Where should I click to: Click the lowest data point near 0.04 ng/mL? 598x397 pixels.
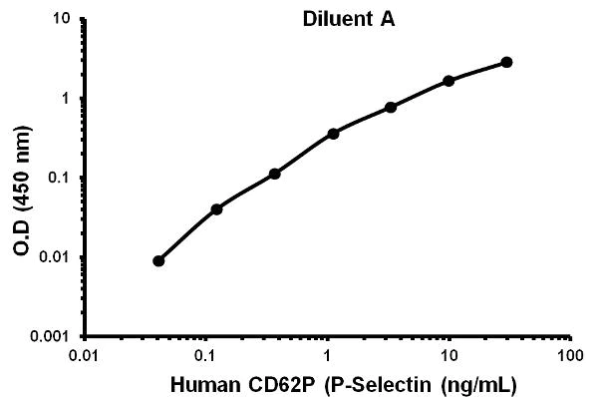[158, 260]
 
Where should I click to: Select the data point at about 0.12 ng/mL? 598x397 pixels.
[216, 208]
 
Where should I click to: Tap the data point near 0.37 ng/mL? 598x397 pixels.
[274, 174]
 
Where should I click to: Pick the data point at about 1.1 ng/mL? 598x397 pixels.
[333, 133]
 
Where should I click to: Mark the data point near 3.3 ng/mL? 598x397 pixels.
[391, 107]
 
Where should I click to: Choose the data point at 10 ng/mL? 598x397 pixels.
[448, 80]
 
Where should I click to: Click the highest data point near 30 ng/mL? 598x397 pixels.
[506, 62]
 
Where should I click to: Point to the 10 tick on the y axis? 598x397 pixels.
[60, 19]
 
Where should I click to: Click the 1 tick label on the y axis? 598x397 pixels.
[65, 99]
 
